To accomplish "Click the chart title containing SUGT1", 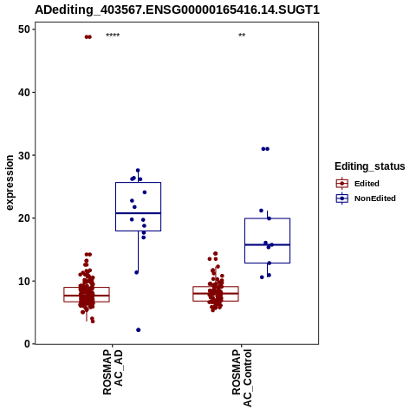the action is point(177,10).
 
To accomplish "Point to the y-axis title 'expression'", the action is point(10,183).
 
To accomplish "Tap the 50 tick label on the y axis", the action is point(24,29).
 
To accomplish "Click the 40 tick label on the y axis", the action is point(24,92).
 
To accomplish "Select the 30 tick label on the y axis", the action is point(24,155).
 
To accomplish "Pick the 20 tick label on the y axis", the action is point(24,218).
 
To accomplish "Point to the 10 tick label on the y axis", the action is point(24,281).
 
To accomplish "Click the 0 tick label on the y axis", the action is point(27,344).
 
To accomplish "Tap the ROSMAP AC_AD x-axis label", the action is point(113,372).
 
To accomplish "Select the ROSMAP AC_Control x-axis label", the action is point(242,378).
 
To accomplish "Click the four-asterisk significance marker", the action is point(113,36).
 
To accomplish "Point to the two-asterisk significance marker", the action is point(242,36).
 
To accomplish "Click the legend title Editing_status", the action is point(370,166).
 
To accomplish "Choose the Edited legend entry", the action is point(358,184).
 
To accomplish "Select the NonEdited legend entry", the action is point(366,198).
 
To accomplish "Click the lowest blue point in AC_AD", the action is point(139,330).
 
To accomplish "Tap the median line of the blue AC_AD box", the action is point(138,213).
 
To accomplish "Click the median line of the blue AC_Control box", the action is point(267,244).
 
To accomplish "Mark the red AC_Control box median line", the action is point(216,293).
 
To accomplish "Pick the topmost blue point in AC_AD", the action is point(138,171).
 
